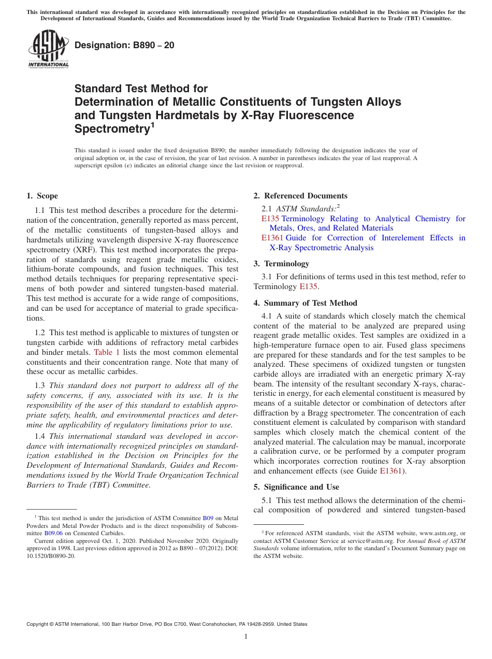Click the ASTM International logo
click(48, 49)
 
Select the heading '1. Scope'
click(42, 196)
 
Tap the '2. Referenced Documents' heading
click(300, 196)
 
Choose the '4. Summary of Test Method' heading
click(305, 303)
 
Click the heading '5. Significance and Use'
click(296, 487)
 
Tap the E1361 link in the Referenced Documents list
click(272, 238)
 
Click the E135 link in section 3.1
click(308, 286)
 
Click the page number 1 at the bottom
click(246, 636)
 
